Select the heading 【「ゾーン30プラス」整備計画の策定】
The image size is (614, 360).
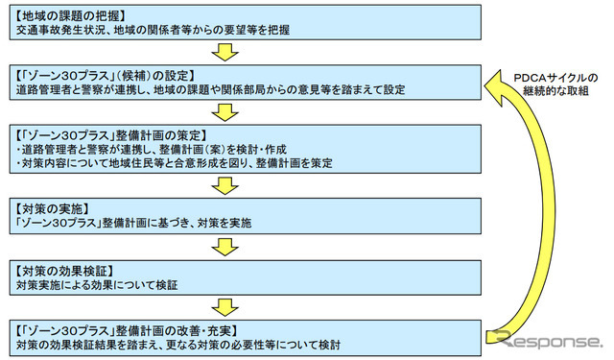[114, 134]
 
